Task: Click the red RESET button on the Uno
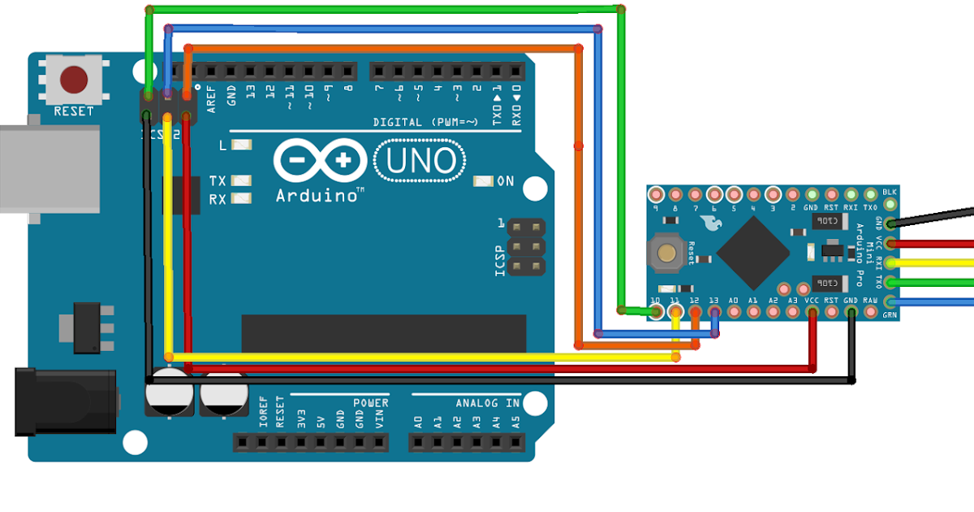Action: click(x=74, y=80)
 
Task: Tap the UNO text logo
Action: click(x=420, y=160)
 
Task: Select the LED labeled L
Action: click(x=241, y=145)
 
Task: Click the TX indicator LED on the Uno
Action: click(x=241, y=180)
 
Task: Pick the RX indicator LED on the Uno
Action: click(x=241, y=198)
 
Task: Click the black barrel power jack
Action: click(x=65, y=401)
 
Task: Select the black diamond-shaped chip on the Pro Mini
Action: click(x=752, y=254)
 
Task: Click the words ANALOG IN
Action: click(x=487, y=402)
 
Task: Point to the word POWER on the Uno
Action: click(x=371, y=402)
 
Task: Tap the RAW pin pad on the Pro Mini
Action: click(x=870, y=310)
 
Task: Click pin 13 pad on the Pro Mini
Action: click(x=714, y=310)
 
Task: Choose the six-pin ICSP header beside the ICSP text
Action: click(x=526, y=245)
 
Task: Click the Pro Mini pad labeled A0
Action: click(x=734, y=310)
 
